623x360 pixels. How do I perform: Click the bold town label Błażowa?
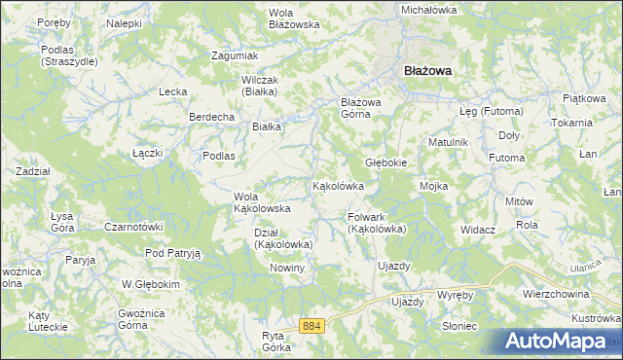[x=428, y=70]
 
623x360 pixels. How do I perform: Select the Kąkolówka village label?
[x=338, y=185]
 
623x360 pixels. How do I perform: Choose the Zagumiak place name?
[x=235, y=55]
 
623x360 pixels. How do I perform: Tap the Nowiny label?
[x=288, y=268]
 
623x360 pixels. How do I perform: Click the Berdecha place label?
[x=212, y=117]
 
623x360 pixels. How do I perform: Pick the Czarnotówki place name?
[x=132, y=227]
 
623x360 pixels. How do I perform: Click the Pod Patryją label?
[x=172, y=253]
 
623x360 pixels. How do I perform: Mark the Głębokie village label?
[x=385, y=162]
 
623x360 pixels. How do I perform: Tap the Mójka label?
[x=432, y=185]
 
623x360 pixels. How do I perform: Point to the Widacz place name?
[x=479, y=230]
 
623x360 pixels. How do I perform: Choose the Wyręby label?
[x=455, y=294]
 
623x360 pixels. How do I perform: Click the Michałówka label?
[x=429, y=9]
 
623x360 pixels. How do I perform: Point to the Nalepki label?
[x=125, y=21]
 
